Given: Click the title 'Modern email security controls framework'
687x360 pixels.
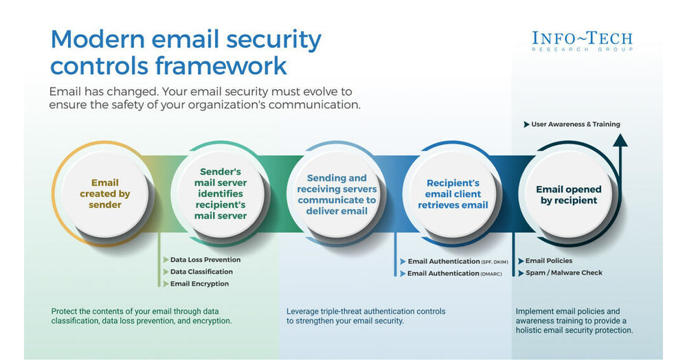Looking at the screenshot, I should [x=185, y=53].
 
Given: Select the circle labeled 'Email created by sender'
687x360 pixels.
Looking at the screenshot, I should [x=104, y=194].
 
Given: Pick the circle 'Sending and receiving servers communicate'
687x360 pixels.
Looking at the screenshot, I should [x=337, y=194].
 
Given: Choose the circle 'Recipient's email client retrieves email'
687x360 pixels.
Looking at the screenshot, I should [x=453, y=194].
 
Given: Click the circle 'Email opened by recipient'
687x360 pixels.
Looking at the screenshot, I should [x=568, y=194].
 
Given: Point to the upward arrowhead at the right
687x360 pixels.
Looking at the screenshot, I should [x=620, y=140].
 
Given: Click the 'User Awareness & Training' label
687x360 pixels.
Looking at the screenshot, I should [x=575, y=124].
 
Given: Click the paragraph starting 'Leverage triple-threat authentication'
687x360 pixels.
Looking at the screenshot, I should [x=365, y=316].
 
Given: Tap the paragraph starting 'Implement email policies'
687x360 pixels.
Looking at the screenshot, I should [x=574, y=321].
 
